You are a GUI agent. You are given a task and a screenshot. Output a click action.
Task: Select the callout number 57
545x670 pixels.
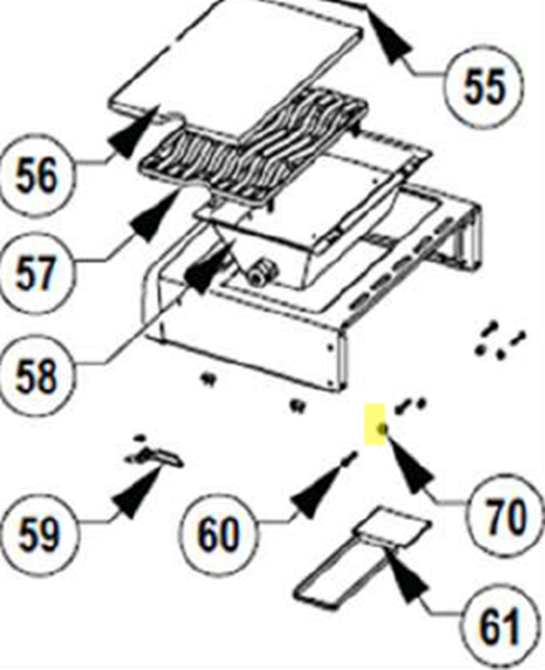click(x=35, y=273)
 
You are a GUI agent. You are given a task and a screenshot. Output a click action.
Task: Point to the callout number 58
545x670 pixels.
click(x=36, y=377)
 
